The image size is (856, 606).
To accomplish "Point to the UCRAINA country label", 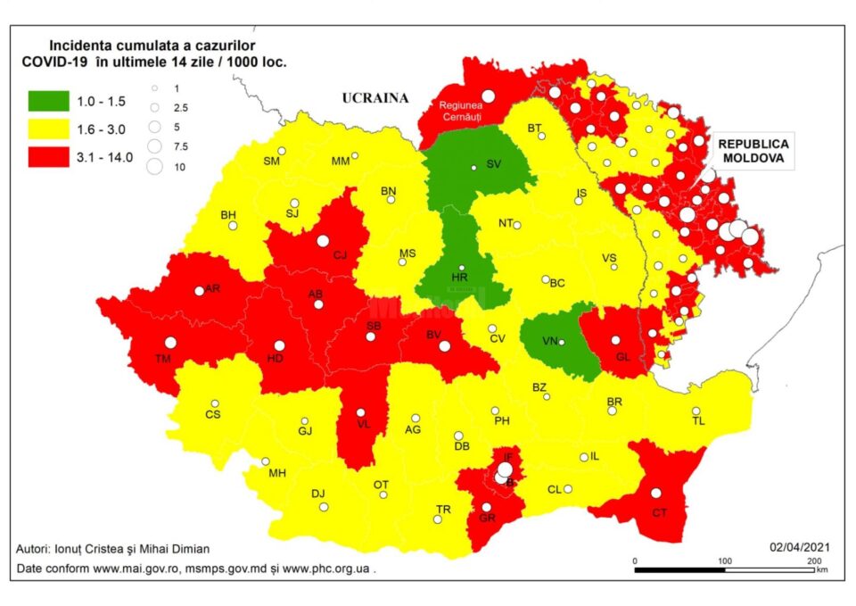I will tap(374, 98).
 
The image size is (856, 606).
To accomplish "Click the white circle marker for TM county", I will tap(170, 342).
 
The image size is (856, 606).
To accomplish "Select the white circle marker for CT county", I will tap(656, 493).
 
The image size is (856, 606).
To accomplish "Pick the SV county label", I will tap(494, 165).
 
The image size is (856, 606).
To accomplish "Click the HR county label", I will tap(460, 278).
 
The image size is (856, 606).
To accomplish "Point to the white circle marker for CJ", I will tap(323, 240).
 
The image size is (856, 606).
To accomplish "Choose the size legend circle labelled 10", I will tap(155, 165).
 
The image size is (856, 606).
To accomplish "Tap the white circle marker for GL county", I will tap(615, 340).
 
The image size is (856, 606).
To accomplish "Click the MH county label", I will tap(276, 473).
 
